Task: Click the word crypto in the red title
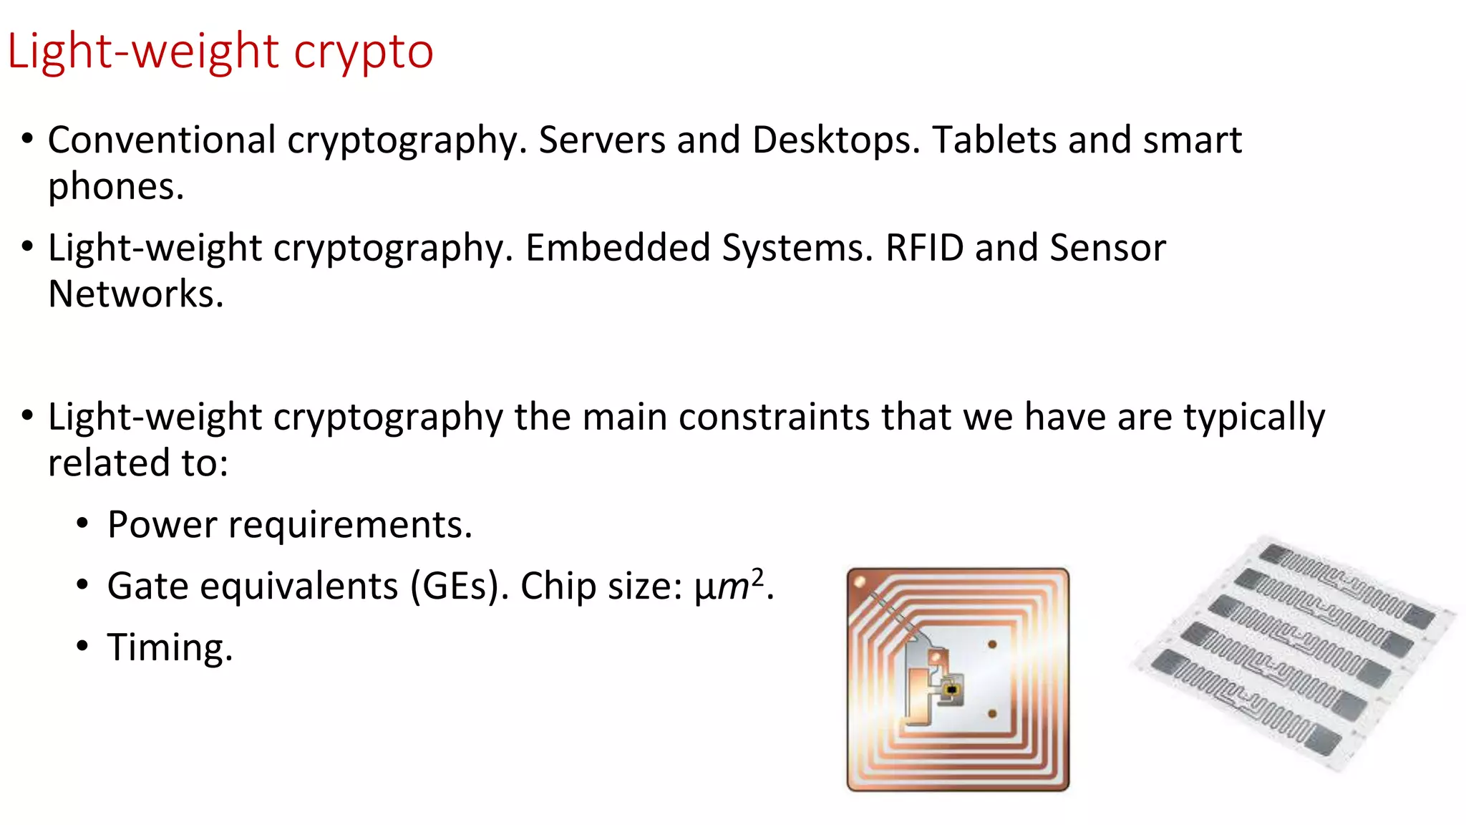(363, 52)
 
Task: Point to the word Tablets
(994, 140)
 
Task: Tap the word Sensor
(1107, 248)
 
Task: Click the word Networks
(135, 294)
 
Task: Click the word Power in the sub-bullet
(161, 525)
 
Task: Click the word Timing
(170, 648)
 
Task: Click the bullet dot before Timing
(83, 647)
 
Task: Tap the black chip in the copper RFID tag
(951, 690)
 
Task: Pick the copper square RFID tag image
(958, 679)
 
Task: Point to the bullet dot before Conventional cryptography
(27, 138)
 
